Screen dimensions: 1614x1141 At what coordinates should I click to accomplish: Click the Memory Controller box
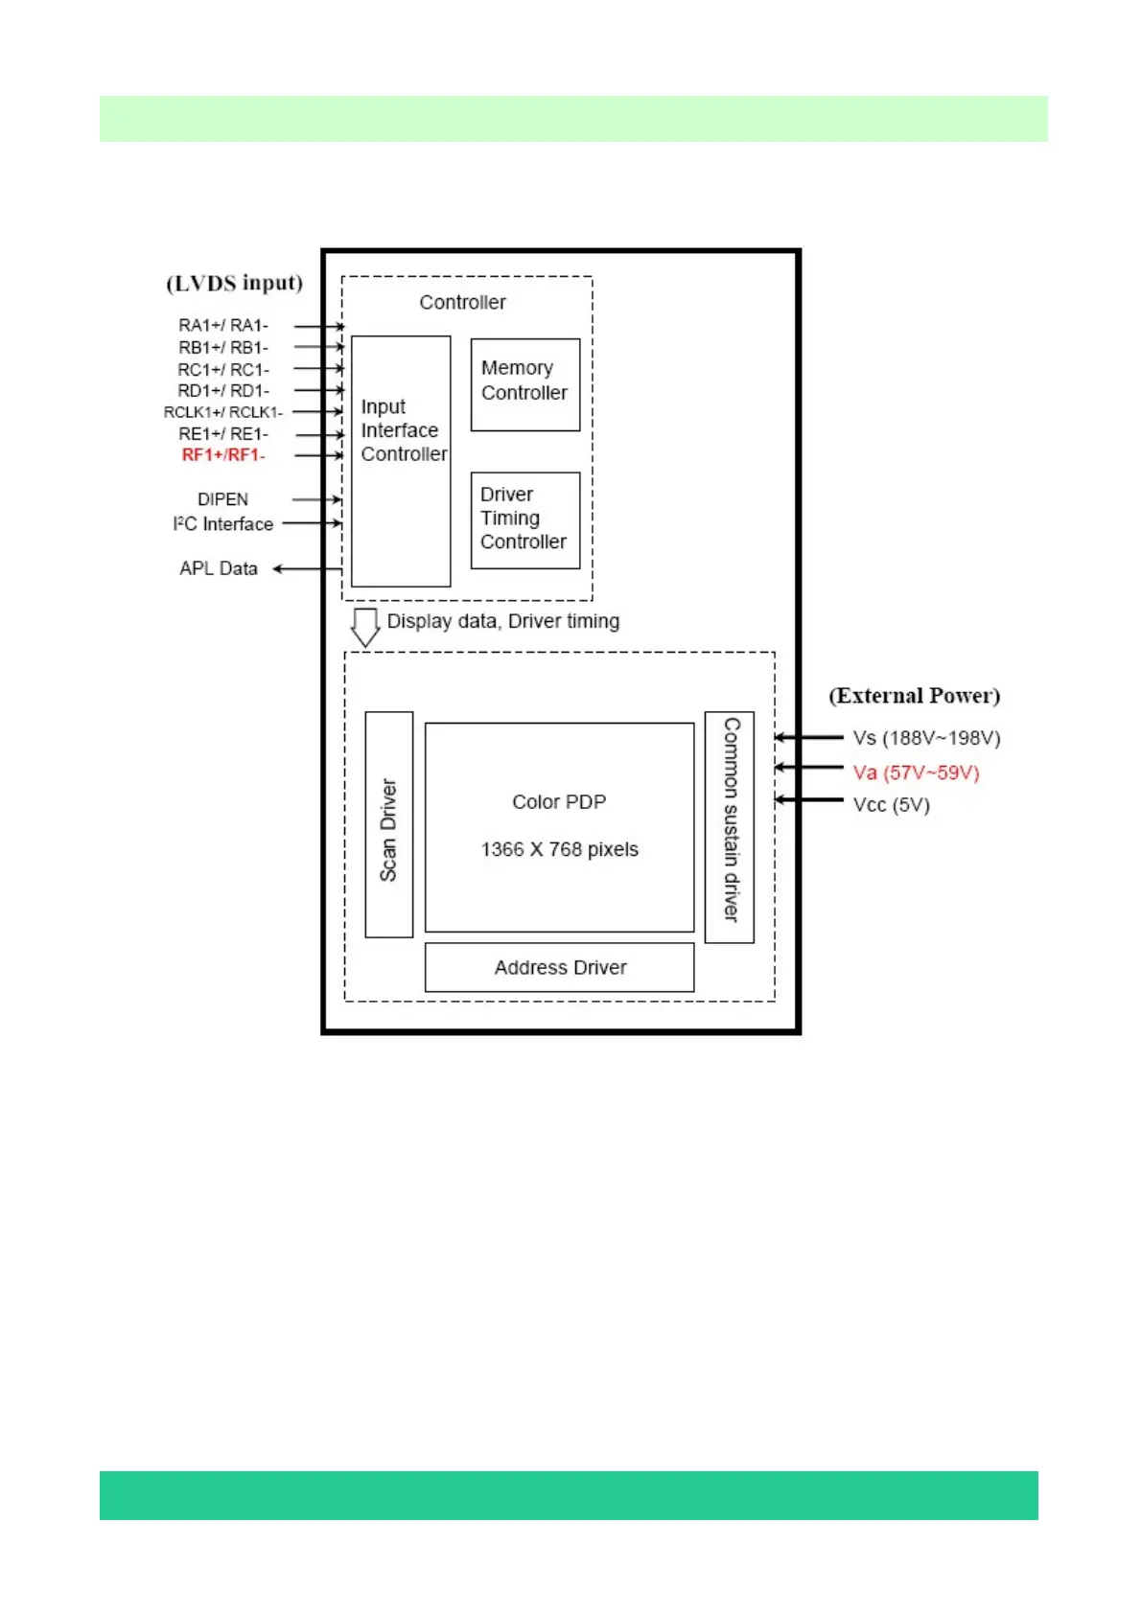525,384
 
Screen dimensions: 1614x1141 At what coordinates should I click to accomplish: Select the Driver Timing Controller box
525,520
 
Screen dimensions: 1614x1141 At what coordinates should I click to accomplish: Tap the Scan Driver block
389,824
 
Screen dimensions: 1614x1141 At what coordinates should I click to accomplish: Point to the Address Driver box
560,967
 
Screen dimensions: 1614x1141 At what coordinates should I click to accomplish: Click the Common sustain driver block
730,827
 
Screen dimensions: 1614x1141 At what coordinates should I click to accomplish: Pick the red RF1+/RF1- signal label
223,455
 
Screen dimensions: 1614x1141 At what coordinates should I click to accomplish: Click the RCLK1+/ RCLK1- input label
223,412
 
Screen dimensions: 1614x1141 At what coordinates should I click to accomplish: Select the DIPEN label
222,499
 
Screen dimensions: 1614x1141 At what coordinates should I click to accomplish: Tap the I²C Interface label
223,524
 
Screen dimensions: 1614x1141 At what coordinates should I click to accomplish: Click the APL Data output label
219,568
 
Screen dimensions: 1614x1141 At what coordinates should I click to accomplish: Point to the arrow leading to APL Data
307,569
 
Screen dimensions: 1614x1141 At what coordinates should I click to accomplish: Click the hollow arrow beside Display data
365,627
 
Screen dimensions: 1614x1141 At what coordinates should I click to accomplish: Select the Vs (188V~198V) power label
926,738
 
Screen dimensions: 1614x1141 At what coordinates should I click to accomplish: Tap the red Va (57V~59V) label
916,772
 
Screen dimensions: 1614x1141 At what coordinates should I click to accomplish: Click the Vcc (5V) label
892,805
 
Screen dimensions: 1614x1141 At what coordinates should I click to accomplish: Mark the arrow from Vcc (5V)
809,800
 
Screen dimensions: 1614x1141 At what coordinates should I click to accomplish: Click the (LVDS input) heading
235,283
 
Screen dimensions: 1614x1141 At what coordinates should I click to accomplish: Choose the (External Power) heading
915,696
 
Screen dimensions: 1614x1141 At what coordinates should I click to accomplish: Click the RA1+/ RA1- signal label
223,326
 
